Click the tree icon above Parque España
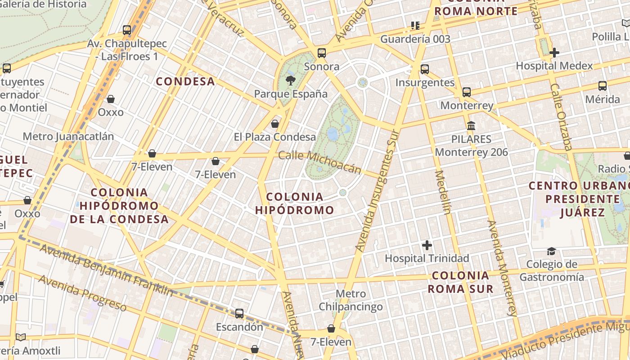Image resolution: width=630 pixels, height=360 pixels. [x=291, y=81]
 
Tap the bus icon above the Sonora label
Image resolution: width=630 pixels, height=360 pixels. [x=322, y=53]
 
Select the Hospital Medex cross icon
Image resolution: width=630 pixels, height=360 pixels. [x=554, y=53]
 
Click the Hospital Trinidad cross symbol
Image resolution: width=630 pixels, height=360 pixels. [x=427, y=245]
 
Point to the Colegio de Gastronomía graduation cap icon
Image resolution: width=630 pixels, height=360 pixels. [x=551, y=251]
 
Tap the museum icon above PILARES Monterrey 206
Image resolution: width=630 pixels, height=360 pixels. [x=471, y=126]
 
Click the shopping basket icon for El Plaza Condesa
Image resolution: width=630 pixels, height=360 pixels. [x=275, y=124]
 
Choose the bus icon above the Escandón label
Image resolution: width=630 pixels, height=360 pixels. [x=239, y=314]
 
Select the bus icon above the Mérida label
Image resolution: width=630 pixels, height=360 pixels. [x=603, y=86]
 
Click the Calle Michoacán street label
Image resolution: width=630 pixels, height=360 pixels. [x=319, y=162]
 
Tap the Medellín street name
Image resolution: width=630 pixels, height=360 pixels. [x=442, y=192]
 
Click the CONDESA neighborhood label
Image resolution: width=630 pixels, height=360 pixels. [x=185, y=81]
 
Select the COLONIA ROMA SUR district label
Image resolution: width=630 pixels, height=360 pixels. [x=460, y=282]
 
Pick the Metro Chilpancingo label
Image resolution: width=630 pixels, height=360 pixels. [x=351, y=301]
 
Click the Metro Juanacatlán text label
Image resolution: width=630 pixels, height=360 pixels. [x=68, y=136]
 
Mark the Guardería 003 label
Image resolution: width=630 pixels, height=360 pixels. [x=415, y=39]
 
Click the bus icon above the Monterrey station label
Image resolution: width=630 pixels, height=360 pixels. [x=467, y=92]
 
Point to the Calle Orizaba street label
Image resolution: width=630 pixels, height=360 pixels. [x=561, y=117]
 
